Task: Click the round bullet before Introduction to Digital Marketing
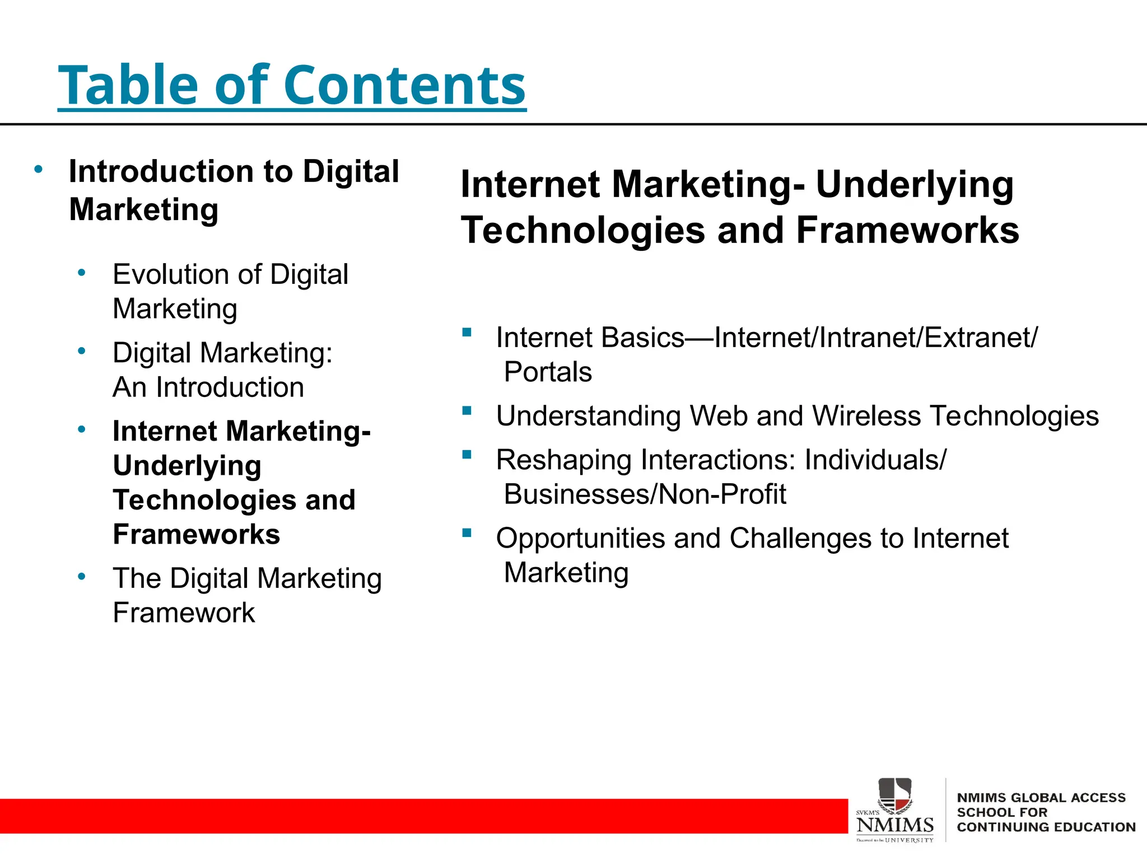38,169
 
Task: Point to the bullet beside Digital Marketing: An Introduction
82,352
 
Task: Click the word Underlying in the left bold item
187,466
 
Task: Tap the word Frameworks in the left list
196,534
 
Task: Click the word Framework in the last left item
184,613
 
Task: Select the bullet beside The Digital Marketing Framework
82,576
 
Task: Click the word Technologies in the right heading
582,230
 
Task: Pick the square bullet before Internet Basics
467,333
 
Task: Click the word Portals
548,372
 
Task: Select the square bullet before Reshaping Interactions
467,455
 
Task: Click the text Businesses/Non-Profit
645,494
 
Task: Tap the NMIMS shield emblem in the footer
894,794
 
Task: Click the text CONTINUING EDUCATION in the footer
1046,827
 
